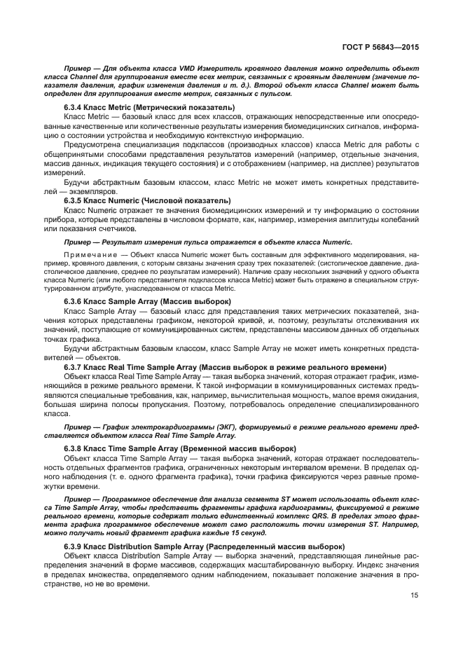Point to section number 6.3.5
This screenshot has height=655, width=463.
pyautogui.click(x=75, y=200)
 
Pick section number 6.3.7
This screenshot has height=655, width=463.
pyautogui.click(x=75, y=366)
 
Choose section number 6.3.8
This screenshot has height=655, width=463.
pyautogui.click(x=75, y=447)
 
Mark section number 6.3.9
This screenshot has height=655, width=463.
pyautogui.click(x=75, y=528)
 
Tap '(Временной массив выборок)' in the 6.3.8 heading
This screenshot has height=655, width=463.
pyautogui.click(x=239, y=447)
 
